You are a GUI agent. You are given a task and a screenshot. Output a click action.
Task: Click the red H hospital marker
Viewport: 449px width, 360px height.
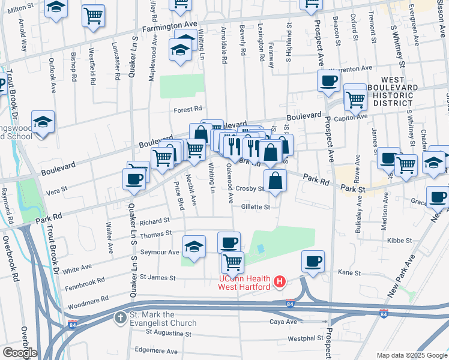click(279, 281)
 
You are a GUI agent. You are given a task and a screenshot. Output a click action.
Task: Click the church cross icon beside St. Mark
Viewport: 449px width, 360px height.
click(120, 317)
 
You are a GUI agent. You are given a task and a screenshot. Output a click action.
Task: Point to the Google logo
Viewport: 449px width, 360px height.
click(20, 353)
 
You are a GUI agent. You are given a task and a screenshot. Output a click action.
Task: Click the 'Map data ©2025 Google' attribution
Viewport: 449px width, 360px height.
click(411, 356)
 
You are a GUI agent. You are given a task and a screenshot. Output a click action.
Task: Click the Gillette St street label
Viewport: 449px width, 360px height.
click(256, 206)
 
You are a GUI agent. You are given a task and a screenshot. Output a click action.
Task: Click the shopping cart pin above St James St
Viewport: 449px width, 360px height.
click(232, 262)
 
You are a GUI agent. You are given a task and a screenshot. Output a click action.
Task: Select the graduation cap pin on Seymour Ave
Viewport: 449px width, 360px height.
click(194, 247)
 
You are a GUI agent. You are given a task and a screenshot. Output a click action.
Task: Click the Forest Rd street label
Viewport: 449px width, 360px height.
click(187, 109)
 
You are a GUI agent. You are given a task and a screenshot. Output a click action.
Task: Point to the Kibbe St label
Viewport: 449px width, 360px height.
click(399, 240)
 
